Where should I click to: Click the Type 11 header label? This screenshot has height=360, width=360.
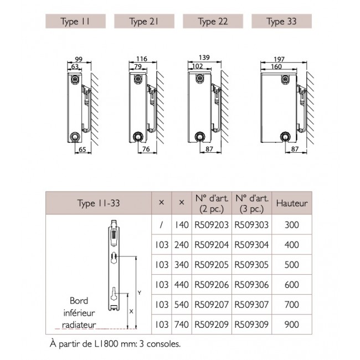coord(74,22)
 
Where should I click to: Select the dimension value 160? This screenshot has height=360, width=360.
coord(276,67)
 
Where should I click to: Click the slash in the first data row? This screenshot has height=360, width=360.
coord(161,226)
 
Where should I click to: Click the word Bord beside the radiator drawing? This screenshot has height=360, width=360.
coord(79,300)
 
